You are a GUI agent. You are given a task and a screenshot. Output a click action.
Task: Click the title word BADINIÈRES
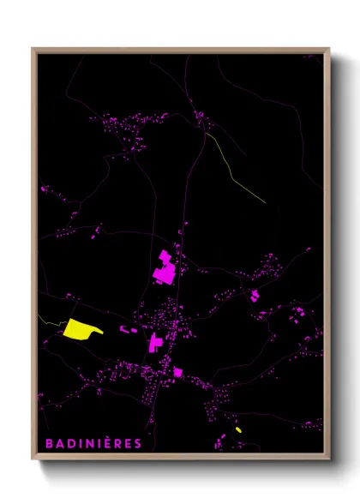pos(93,443)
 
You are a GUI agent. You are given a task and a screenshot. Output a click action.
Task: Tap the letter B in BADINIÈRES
pos(48,443)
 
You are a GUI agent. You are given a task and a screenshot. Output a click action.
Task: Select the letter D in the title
pos(70,443)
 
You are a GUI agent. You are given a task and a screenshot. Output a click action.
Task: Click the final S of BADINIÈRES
pos(138,443)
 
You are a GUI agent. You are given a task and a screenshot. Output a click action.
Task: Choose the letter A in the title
pos(59,443)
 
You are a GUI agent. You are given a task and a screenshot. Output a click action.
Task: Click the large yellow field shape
pos(79,328)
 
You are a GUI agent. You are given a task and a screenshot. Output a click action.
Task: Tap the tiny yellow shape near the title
pos(238,429)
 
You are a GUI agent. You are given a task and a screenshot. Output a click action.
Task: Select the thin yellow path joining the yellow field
pos(50,321)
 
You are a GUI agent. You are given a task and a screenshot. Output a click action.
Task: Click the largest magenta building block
pos(165,268)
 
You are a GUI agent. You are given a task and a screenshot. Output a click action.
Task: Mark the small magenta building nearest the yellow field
pos(123,328)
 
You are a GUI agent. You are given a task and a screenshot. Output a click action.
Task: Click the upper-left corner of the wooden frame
pos(33,50)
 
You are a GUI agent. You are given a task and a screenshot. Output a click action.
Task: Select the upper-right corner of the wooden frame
pos(328,50)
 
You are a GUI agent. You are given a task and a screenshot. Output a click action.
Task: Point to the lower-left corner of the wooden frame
pos(33,459)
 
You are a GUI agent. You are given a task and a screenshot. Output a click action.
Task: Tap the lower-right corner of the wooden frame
pos(328,459)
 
